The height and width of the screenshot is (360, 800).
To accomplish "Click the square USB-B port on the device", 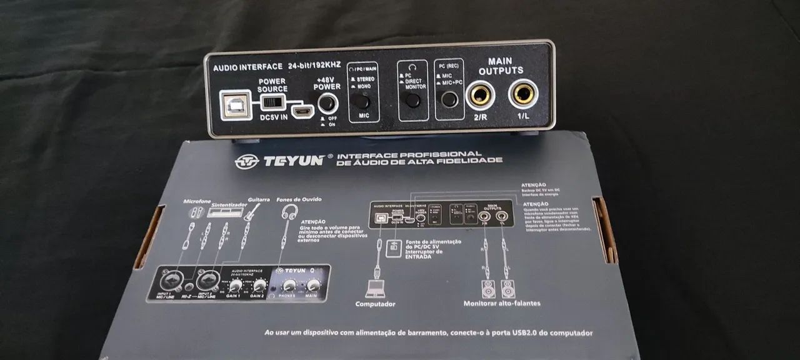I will click(x=233, y=104).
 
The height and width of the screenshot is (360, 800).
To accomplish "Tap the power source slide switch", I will click(x=272, y=102).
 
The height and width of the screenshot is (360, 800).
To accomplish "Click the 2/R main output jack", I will click(x=480, y=96).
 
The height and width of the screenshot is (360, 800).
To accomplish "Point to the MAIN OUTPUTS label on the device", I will click(x=501, y=66).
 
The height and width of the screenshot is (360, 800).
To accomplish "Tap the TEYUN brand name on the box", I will click(x=293, y=160).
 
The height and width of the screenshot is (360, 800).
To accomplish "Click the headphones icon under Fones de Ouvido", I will click(x=289, y=212).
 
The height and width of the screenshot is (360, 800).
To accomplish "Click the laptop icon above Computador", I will click(x=376, y=289).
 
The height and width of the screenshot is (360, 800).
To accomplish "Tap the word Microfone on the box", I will click(x=197, y=201).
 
